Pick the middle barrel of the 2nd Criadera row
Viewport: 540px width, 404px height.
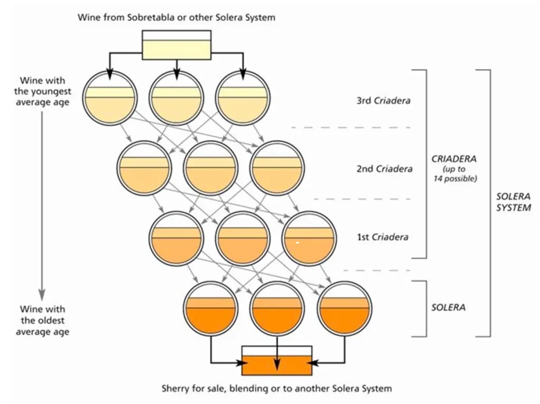(x=209, y=168)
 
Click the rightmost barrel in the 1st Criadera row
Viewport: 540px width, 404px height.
(x=308, y=238)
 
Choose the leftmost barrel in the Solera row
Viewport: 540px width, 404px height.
(x=210, y=308)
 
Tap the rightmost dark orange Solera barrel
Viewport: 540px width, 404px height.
(x=345, y=308)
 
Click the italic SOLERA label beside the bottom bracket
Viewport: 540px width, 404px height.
(x=448, y=307)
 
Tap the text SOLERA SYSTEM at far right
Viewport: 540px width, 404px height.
(x=513, y=202)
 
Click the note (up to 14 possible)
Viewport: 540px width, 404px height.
(x=455, y=174)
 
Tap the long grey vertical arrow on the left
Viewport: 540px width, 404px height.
(x=42, y=206)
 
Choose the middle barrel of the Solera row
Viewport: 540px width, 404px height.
(x=277, y=308)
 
